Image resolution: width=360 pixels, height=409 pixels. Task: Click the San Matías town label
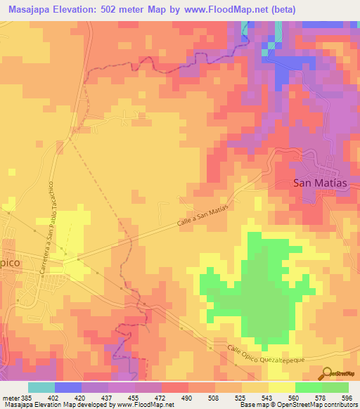[x=320, y=183]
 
